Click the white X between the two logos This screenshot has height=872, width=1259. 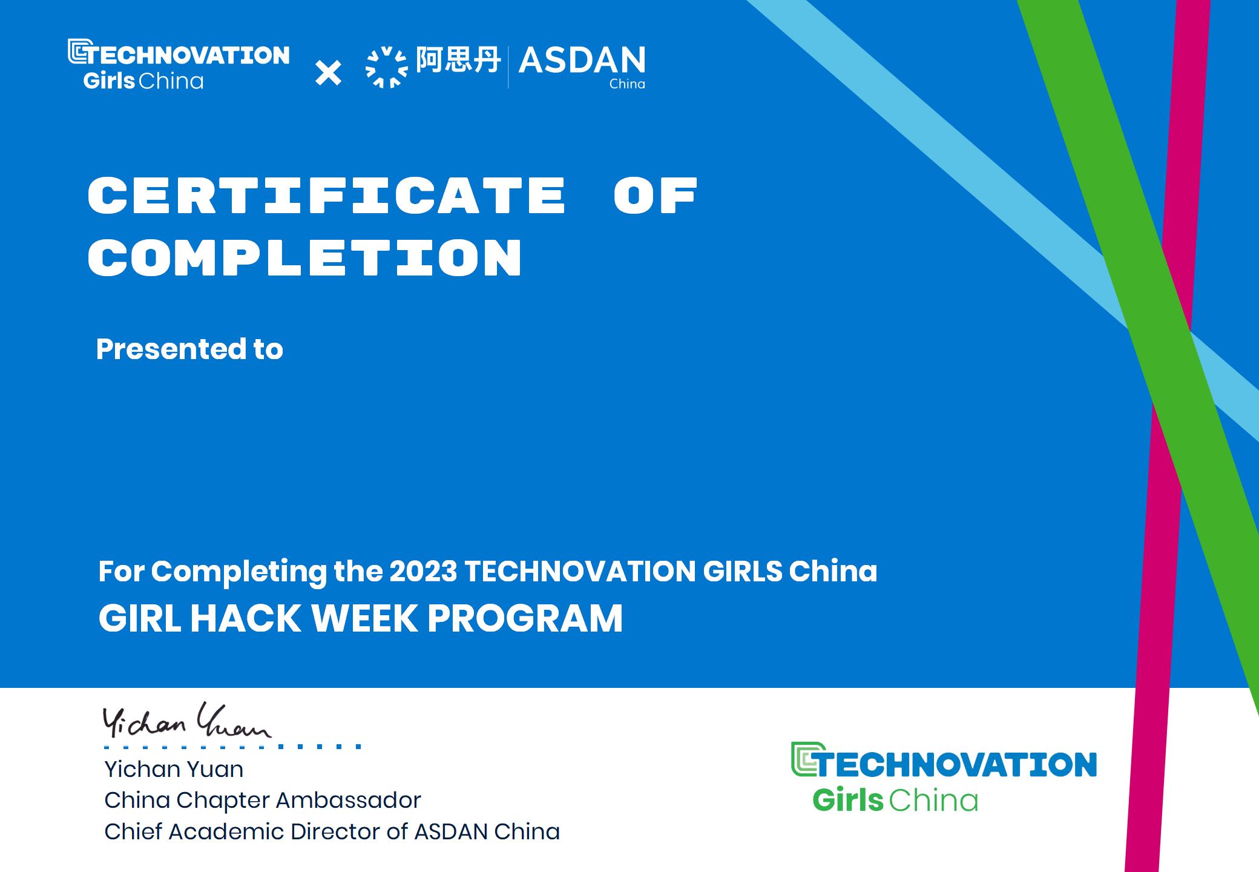329,73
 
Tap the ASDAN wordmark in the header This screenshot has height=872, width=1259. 582,61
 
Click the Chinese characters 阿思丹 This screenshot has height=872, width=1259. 458,60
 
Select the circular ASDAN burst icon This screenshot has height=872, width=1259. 387,67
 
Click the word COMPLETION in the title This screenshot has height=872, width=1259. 305,258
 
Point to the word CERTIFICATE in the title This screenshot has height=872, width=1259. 327,196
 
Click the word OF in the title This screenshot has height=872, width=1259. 656,196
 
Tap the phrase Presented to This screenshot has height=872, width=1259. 189,349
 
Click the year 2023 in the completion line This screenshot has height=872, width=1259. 423,571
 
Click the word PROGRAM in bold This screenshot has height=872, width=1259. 525,618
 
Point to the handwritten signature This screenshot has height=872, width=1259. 186,721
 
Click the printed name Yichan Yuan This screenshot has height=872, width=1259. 174,769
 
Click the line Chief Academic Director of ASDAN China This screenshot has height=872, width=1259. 332,832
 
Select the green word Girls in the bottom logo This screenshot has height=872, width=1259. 848,801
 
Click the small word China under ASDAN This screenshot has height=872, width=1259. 627,84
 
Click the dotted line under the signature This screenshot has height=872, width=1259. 232,747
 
